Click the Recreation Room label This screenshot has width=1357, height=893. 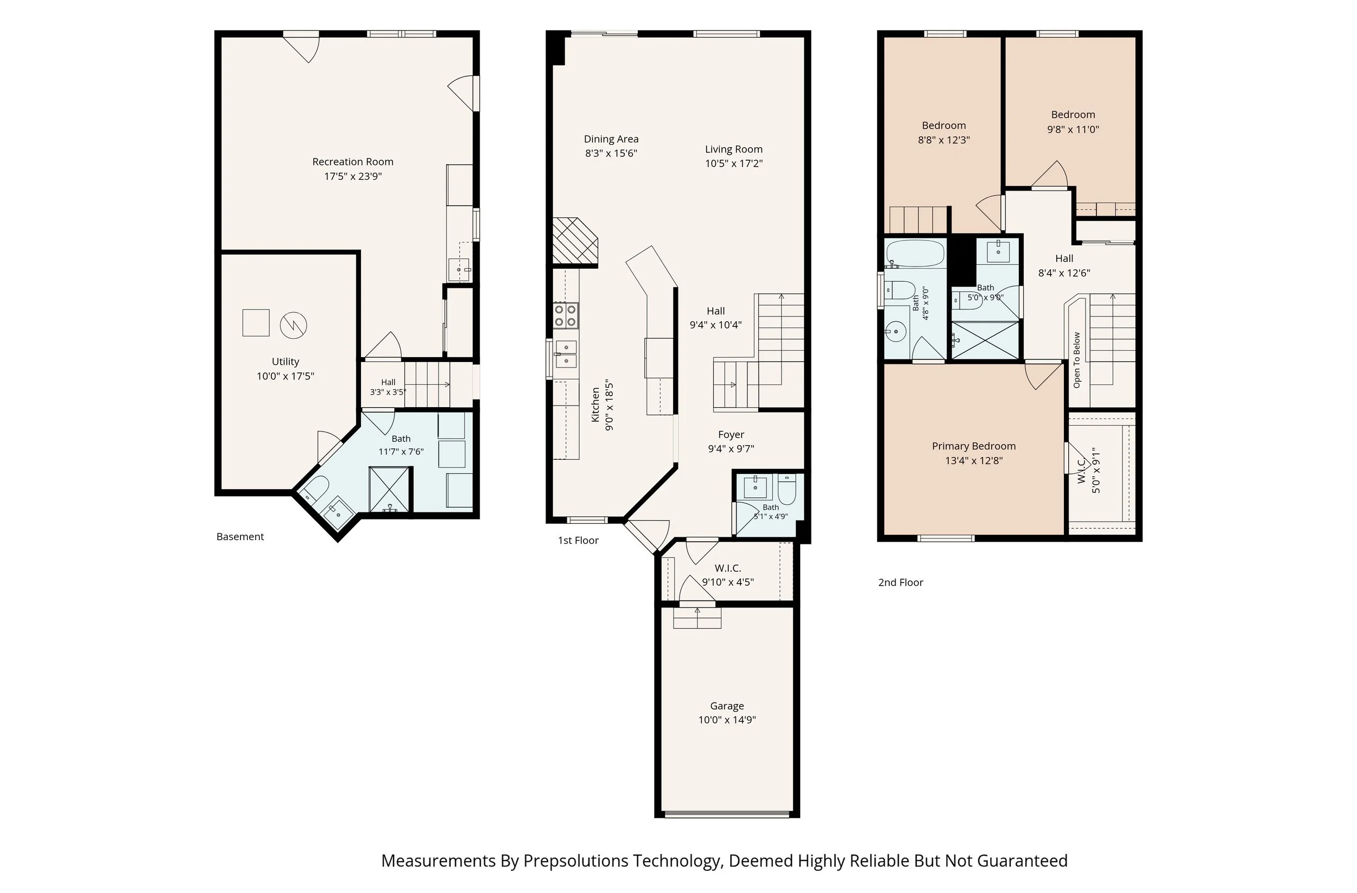point(352,162)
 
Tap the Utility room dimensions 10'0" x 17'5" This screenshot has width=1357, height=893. point(285,376)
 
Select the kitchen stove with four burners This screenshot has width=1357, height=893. point(566,315)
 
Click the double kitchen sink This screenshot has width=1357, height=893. point(566,354)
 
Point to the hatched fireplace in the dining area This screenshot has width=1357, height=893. point(574,242)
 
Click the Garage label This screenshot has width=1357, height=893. point(727,706)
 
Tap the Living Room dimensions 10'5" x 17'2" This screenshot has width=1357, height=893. point(734,163)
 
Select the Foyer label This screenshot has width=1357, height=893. point(731,434)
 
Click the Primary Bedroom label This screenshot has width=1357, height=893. point(974,446)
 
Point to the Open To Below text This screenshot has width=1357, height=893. point(1076,360)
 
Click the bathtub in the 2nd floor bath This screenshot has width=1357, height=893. point(915,254)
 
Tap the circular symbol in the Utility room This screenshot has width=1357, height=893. point(294,326)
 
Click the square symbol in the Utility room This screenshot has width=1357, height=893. point(256,323)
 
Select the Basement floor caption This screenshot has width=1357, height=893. point(240,536)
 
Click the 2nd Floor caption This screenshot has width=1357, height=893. point(901,582)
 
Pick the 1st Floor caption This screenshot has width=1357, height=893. point(578,541)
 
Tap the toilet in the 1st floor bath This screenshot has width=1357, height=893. point(787,490)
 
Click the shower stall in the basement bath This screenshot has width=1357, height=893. point(389,490)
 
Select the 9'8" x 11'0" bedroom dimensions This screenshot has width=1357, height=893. point(1073,129)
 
